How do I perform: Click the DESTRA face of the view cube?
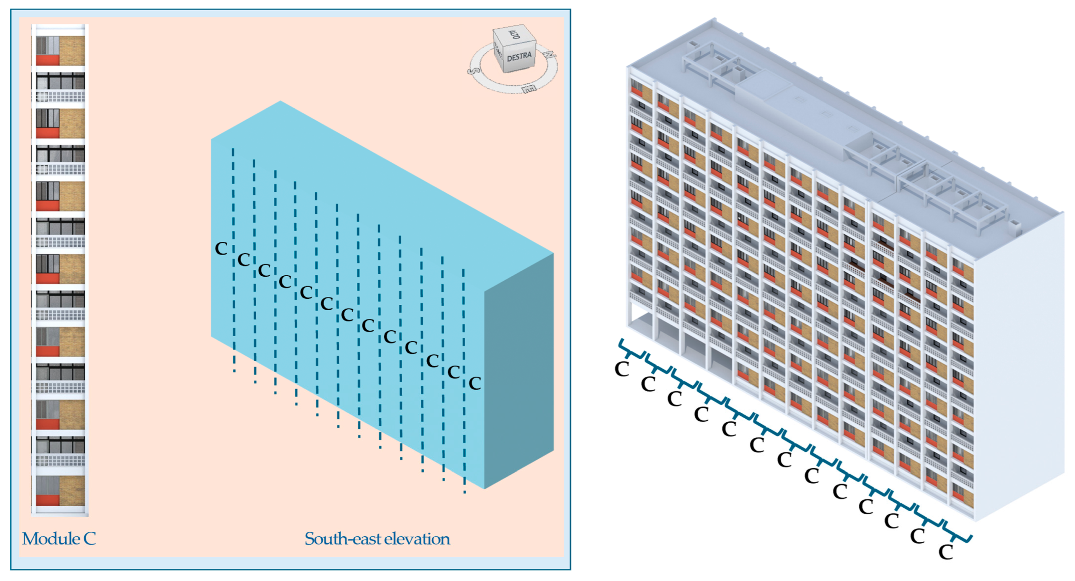point(519,56)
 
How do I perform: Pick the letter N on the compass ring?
point(550,55)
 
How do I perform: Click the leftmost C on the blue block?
point(221,249)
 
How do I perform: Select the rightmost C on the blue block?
point(475,383)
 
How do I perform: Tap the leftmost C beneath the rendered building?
point(622,369)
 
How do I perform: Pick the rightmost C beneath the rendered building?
point(946,552)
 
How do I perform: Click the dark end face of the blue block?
point(519,371)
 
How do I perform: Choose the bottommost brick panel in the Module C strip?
point(72,490)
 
